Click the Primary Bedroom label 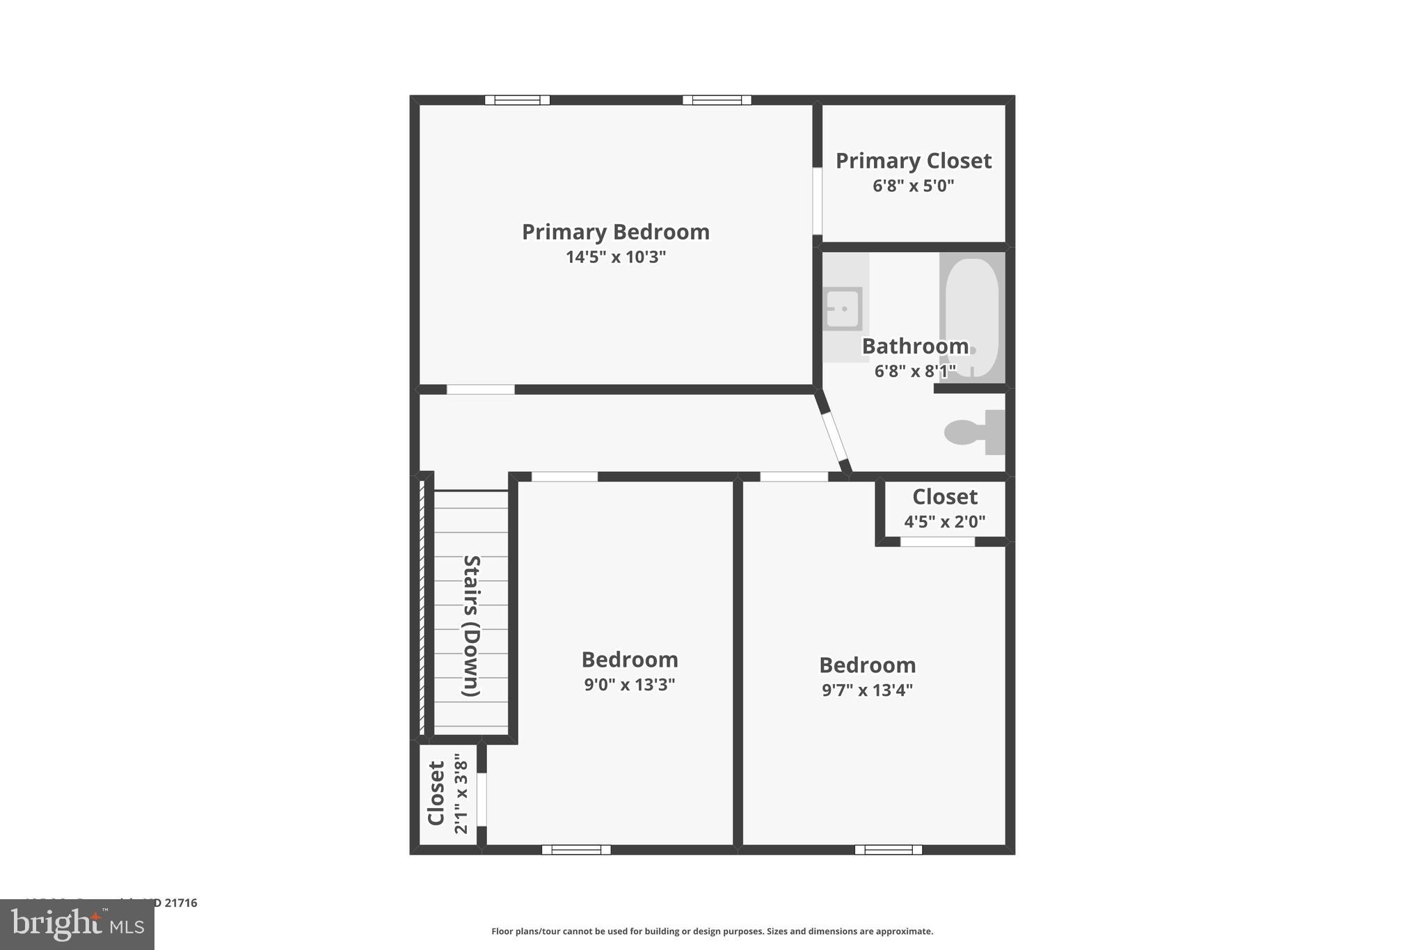coord(615,232)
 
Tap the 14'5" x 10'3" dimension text coord(615,258)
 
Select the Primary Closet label coord(913,161)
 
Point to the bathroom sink coord(843,308)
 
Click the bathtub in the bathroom coord(971,317)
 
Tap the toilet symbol coord(970,432)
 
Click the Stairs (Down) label coord(471,626)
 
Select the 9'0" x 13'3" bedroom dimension coord(629,685)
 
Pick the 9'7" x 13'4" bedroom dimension coord(867,690)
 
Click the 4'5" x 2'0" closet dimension coord(944,522)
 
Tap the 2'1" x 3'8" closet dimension coord(461,793)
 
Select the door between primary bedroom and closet coord(817,201)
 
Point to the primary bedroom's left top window coord(517,100)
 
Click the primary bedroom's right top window coord(717,100)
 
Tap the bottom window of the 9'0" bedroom coord(576,849)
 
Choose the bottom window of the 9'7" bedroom coord(888,849)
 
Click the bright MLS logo coord(77,924)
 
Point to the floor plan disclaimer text coord(712,931)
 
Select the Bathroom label coord(915,346)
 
